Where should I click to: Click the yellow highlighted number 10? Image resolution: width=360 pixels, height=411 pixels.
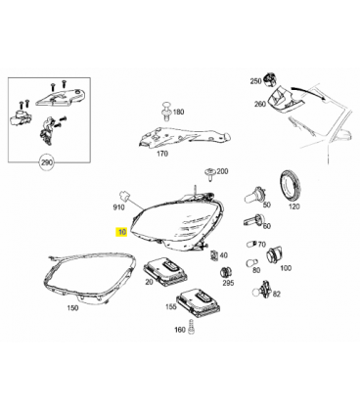tap(122, 232)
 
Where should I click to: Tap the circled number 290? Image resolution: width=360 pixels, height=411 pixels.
tap(47, 162)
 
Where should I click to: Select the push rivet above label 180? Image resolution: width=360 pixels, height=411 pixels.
tap(167, 112)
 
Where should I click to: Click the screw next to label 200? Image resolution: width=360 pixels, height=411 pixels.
tap(210, 174)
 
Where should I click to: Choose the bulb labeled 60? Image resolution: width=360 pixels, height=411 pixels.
tap(252, 220)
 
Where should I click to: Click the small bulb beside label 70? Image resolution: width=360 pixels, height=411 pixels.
tap(251, 245)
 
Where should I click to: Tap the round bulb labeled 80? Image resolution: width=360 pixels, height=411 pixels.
tap(251, 263)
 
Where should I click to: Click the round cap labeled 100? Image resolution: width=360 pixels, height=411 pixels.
tap(275, 255)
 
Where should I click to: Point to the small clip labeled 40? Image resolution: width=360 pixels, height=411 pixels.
tap(214, 255)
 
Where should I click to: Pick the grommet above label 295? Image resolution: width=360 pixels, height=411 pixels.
tap(226, 272)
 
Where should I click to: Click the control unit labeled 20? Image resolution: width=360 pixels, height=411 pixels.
tap(166, 270)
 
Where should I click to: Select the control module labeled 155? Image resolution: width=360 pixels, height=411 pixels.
tap(199, 301)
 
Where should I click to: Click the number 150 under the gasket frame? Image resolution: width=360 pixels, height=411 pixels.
tap(72, 307)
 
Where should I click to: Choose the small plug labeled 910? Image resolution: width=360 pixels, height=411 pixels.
tap(124, 195)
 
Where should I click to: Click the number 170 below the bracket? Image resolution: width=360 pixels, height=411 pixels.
tap(162, 154)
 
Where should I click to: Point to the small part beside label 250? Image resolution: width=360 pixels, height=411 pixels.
tap(270, 80)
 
